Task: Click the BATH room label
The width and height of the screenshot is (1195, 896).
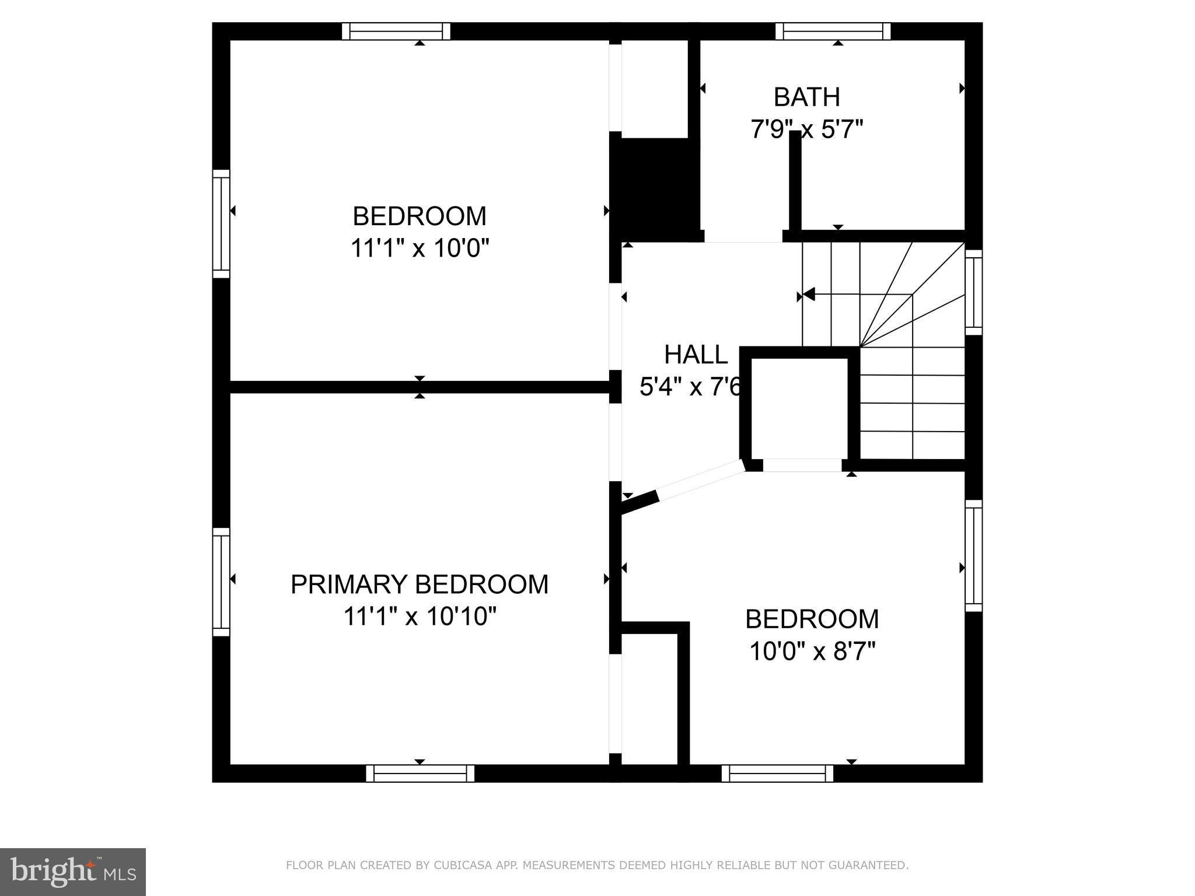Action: (806, 97)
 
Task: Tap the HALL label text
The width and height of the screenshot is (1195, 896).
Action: (696, 355)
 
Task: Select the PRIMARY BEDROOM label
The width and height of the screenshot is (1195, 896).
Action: (420, 584)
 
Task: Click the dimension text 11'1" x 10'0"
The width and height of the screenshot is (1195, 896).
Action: (420, 248)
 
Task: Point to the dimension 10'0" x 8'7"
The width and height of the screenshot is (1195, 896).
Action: (812, 651)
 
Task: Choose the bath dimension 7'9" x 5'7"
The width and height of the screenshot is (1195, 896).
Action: (806, 129)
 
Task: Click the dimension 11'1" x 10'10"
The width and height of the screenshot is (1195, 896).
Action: (420, 616)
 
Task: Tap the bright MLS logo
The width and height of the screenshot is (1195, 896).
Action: (72, 871)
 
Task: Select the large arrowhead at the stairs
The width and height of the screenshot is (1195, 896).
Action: (809, 294)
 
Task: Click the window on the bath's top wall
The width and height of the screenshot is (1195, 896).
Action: (833, 31)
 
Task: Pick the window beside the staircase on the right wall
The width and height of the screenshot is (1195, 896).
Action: (973, 292)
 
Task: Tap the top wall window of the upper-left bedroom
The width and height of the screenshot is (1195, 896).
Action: (396, 31)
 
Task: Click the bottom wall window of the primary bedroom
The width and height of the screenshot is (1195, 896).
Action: (420, 773)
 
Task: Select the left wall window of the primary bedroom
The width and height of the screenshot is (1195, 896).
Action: (221, 582)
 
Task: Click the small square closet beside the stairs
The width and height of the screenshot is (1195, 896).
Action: (799, 408)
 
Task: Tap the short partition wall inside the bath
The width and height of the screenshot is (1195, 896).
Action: (795, 181)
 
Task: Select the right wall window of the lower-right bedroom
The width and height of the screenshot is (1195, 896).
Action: (973, 555)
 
